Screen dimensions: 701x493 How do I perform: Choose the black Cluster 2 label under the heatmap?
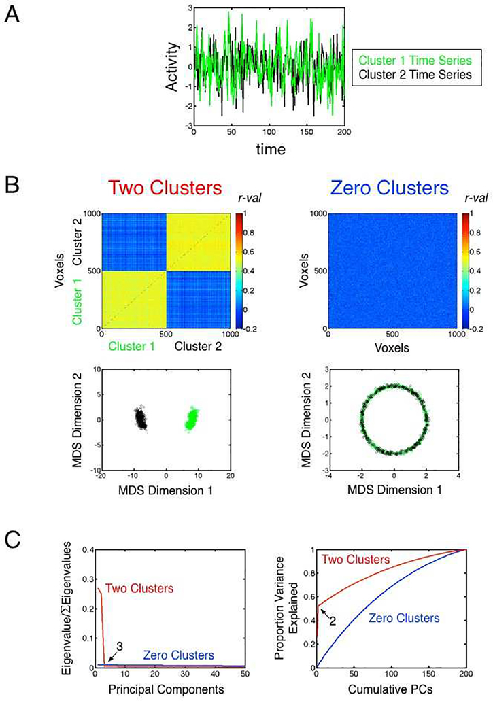point(203,345)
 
